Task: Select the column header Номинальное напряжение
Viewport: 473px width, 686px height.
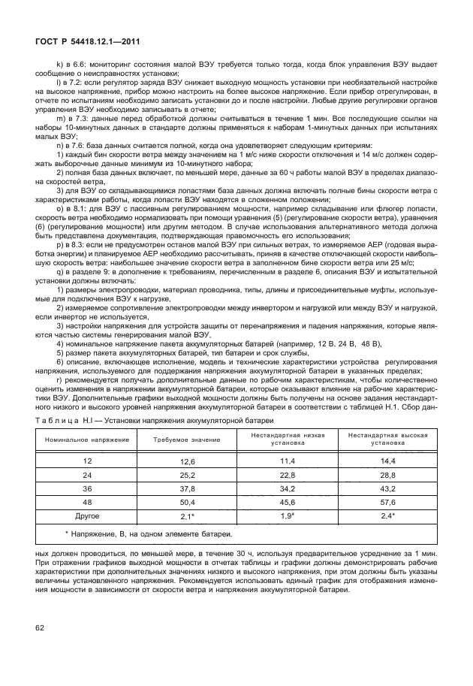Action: [x=87, y=439]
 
